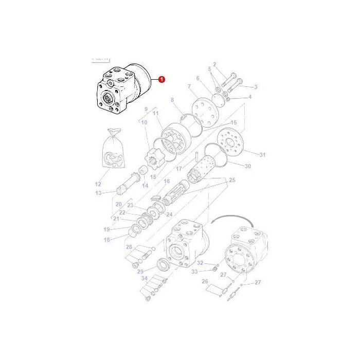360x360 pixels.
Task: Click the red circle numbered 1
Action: [161, 79]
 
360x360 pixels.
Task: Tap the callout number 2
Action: [215, 64]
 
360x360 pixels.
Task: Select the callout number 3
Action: [256, 87]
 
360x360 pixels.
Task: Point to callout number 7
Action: [189, 86]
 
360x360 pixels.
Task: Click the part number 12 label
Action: [99, 184]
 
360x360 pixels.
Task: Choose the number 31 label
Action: [262, 155]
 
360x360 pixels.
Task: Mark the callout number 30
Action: [247, 166]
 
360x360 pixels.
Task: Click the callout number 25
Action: [232, 180]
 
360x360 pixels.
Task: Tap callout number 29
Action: [139, 270]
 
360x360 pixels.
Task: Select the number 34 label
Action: [145, 278]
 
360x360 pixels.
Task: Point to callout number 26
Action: [205, 281]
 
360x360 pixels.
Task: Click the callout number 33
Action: [195, 271]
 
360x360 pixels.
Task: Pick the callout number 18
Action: [107, 240]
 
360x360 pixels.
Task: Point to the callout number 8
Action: [172, 99]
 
